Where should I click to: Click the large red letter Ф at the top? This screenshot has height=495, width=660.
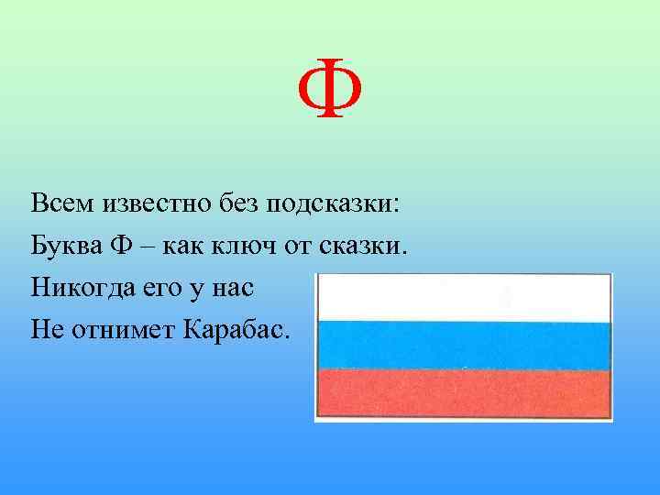[x=330, y=92]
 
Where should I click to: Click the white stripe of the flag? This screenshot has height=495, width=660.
[x=463, y=299]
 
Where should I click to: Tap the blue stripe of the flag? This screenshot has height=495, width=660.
[x=463, y=345]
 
